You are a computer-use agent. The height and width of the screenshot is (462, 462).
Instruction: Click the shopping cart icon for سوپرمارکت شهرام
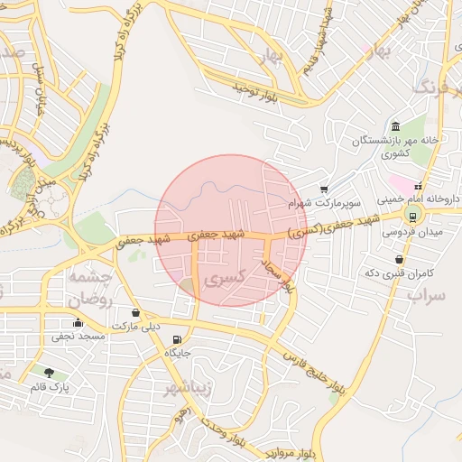click(324, 189)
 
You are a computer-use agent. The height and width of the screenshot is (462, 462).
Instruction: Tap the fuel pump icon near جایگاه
click(175, 339)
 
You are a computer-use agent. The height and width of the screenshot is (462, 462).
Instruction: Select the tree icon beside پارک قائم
click(48, 373)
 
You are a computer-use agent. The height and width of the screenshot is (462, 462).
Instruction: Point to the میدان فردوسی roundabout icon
click(412, 216)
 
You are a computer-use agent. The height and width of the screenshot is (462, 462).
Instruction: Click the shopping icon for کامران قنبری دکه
click(398, 259)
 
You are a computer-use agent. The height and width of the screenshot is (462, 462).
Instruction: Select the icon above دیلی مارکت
click(135, 312)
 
